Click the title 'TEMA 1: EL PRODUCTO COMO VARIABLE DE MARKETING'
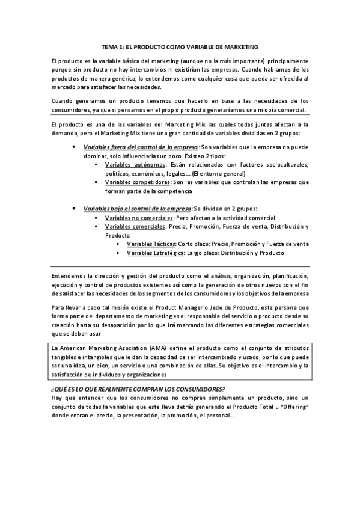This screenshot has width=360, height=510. coord(180,46)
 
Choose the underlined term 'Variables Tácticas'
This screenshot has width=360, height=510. coord(151,244)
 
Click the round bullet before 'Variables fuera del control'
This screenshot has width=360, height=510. coord(73,147)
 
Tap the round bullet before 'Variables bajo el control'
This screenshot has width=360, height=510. coord(73,207)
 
